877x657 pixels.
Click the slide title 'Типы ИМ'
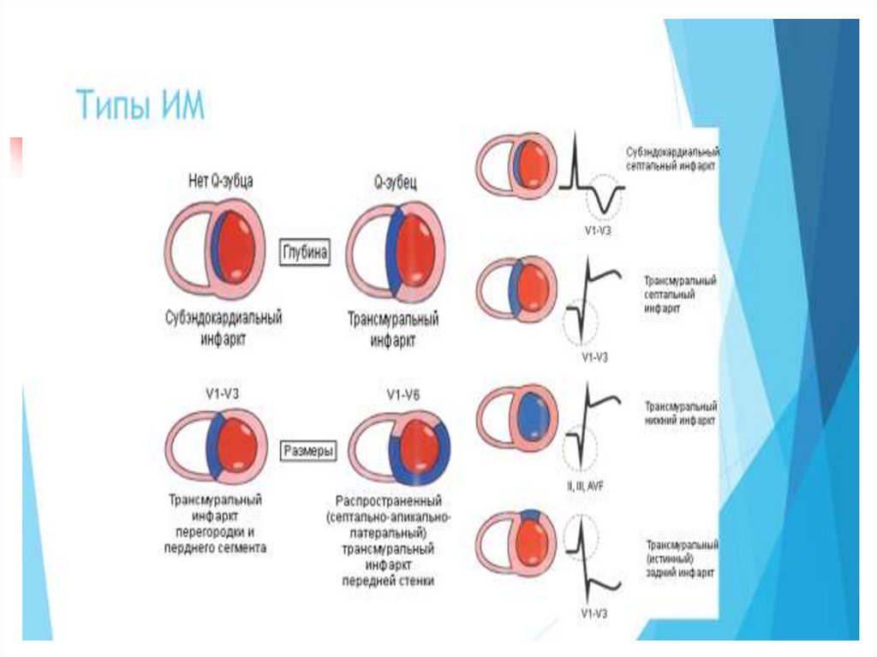tap(140, 105)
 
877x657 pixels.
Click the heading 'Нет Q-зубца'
tap(220, 181)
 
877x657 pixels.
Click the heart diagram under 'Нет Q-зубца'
tap(215, 248)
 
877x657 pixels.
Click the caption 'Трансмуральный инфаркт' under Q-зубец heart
tap(393, 330)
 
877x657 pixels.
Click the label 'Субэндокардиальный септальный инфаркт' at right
tap(672, 160)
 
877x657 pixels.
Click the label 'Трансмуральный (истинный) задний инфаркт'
tap(682, 558)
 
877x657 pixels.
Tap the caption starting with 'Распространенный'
tap(390, 541)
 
